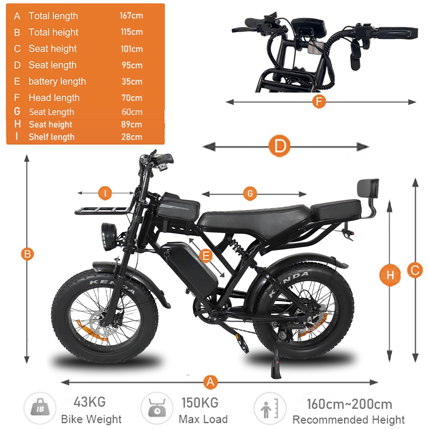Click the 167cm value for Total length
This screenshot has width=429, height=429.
(x=131, y=16)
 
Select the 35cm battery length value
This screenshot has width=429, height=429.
(x=131, y=82)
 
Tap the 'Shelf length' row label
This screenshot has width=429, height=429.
(x=51, y=137)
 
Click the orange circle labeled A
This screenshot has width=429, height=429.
(x=210, y=382)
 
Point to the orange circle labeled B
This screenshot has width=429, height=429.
(x=27, y=254)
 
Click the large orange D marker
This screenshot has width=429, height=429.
(x=280, y=147)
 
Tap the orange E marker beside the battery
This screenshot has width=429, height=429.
(x=206, y=256)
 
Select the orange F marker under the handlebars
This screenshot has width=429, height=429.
(x=318, y=102)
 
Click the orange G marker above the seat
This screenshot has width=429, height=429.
(x=250, y=193)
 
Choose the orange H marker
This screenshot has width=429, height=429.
(x=390, y=275)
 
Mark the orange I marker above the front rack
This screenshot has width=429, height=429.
(x=105, y=193)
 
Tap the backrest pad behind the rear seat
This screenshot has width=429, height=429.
(x=368, y=189)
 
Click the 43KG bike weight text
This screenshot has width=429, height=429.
(x=89, y=402)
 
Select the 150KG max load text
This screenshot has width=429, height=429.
(x=199, y=402)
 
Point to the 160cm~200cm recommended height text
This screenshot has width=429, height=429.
(x=349, y=404)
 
